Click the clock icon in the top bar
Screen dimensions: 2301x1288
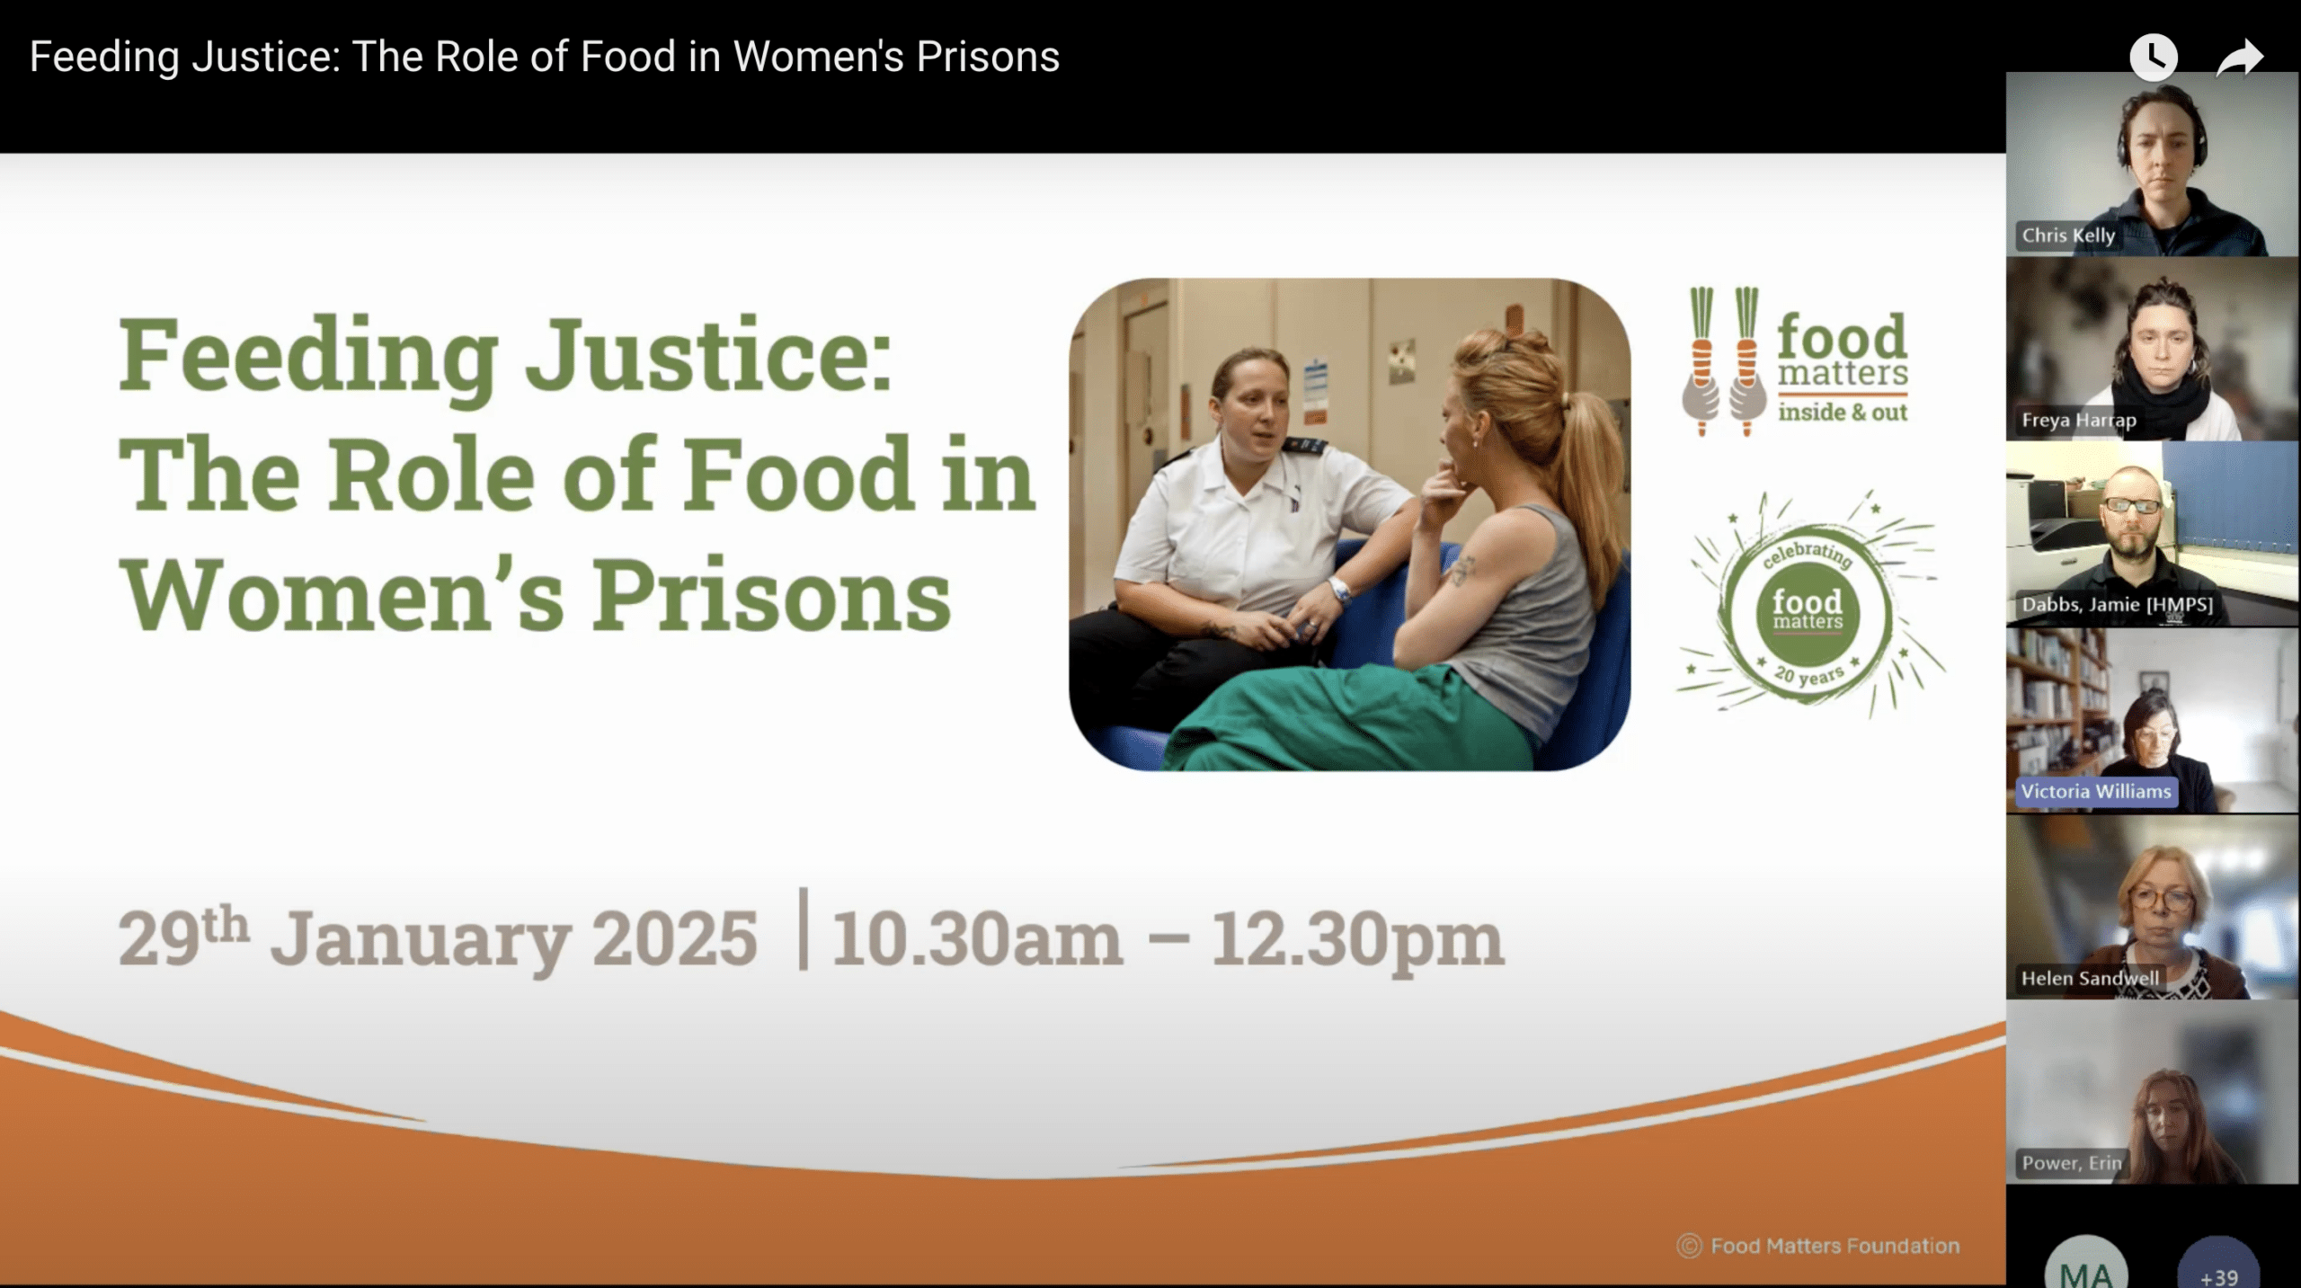click(x=2153, y=58)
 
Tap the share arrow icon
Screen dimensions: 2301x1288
click(x=2239, y=58)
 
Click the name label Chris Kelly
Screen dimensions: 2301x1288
click(x=2068, y=235)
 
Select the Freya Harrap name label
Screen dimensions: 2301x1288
click(x=2078, y=420)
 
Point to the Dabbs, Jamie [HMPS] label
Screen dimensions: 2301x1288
click(x=2117, y=605)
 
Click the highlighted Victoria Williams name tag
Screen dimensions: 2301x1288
click(x=2096, y=792)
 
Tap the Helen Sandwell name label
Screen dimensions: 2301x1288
click(x=2090, y=978)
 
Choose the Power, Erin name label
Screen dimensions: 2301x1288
click(x=2072, y=1163)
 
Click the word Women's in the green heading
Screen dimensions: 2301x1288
click(x=343, y=595)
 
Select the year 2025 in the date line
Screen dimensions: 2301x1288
click(x=675, y=939)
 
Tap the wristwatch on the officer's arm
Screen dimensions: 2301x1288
click(x=1340, y=591)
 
